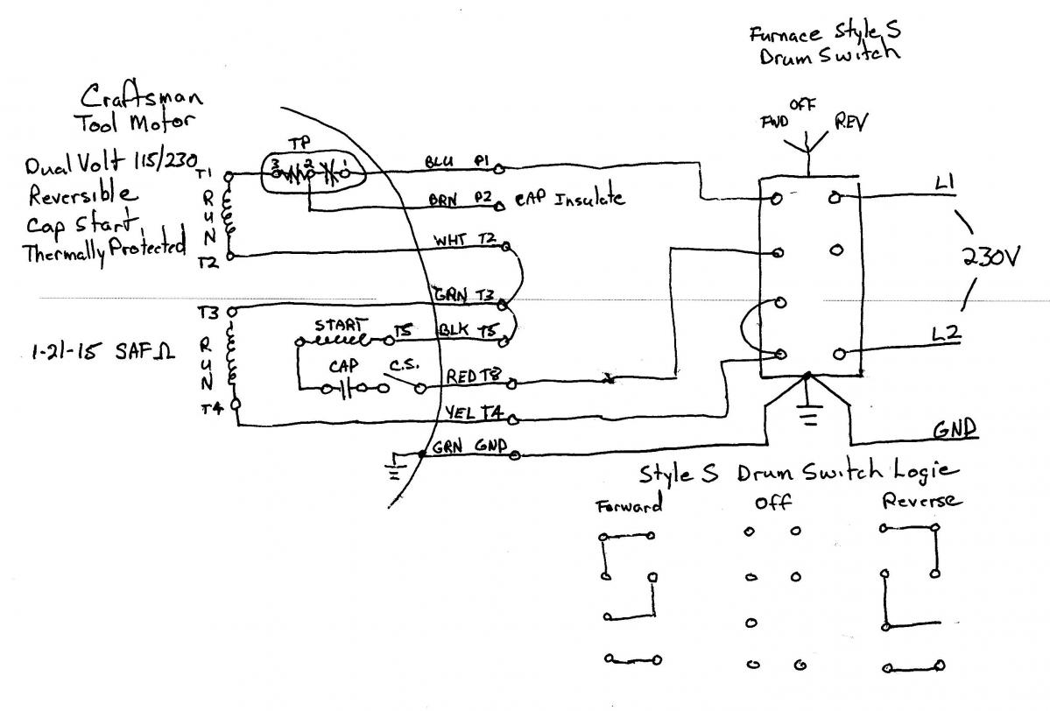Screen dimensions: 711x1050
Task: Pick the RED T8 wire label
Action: pyautogui.click(x=472, y=377)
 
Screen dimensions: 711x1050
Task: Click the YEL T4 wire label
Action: pyautogui.click(x=470, y=412)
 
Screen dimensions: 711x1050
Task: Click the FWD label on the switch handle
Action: pyautogui.click(x=772, y=121)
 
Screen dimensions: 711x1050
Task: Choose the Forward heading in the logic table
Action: pyautogui.click(x=628, y=505)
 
